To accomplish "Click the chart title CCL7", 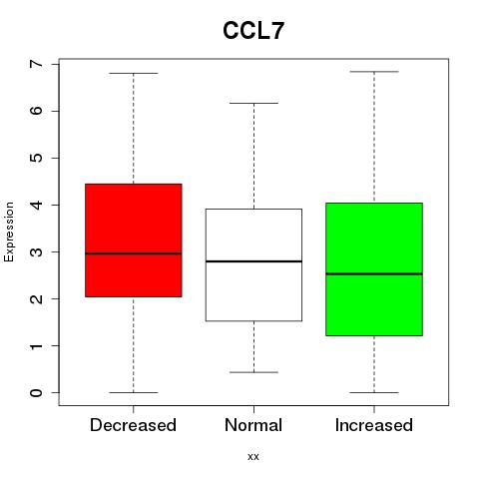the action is pyautogui.click(x=253, y=31).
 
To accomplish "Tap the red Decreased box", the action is pyautogui.click(x=134, y=240).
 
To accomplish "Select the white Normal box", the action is pyautogui.click(x=253, y=264).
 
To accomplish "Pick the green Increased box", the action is pyautogui.click(x=374, y=269).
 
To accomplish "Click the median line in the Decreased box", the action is pyautogui.click(x=134, y=253).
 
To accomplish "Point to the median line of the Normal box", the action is pyautogui.click(x=253, y=261).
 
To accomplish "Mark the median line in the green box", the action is pyautogui.click(x=374, y=274).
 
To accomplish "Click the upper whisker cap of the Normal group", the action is pyautogui.click(x=253, y=103).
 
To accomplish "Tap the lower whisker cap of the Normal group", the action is pyautogui.click(x=253, y=372).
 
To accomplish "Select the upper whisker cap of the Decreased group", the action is pyautogui.click(x=134, y=73).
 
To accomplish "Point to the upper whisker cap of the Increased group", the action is pyautogui.click(x=374, y=72).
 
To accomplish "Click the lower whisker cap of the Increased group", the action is pyautogui.click(x=374, y=392).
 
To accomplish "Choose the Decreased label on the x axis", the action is pyautogui.click(x=133, y=425).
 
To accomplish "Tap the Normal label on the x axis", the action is pyautogui.click(x=253, y=425).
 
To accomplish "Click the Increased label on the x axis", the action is pyautogui.click(x=374, y=425).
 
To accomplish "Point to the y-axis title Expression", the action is pyautogui.click(x=9, y=232).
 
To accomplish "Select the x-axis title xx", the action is pyautogui.click(x=253, y=457).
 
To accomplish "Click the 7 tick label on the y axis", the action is pyautogui.click(x=36, y=64).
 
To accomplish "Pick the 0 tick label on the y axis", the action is pyautogui.click(x=36, y=393).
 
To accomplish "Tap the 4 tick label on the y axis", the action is pyautogui.click(x=36, y=205).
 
